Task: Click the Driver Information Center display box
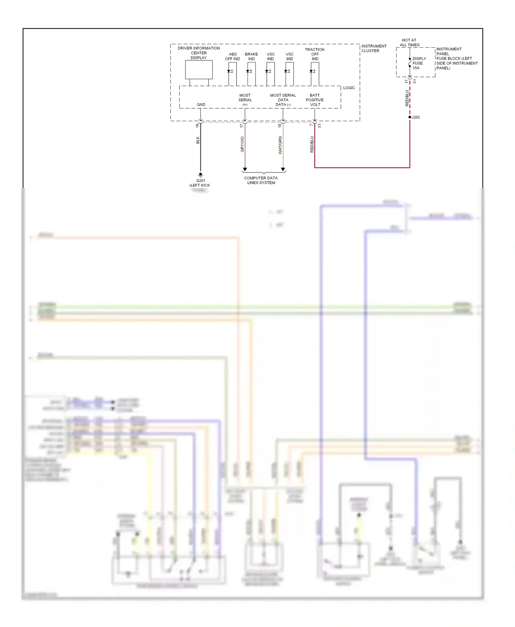(x=199, y=70)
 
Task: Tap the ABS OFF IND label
(x=232, y=57)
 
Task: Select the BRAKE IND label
(x=251, y=57)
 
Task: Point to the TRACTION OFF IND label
(x=314, y=54)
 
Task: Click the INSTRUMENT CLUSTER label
(x=374, y=48)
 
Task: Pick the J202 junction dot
(x=410, y=117)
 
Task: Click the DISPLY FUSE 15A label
(x=419, y=63)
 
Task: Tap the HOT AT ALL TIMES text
(x=409, y=43)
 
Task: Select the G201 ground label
(x=201, y=181)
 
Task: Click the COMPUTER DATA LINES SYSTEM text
(x=261, y=180)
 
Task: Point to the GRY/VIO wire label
(x=242, y=144)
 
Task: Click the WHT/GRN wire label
(x=280, y=145)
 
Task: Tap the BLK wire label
(x=198, y=140)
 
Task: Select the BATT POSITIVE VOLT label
(x=314, y=100)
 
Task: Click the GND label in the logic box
(x=201, y=105)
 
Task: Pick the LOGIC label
(x=349, y=88)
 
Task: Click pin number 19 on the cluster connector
(x=197, y=126)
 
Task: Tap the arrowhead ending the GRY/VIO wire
(x=245, y=169)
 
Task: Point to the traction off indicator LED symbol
(x=312, y=71)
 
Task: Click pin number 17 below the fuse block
(x=407, y=82)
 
